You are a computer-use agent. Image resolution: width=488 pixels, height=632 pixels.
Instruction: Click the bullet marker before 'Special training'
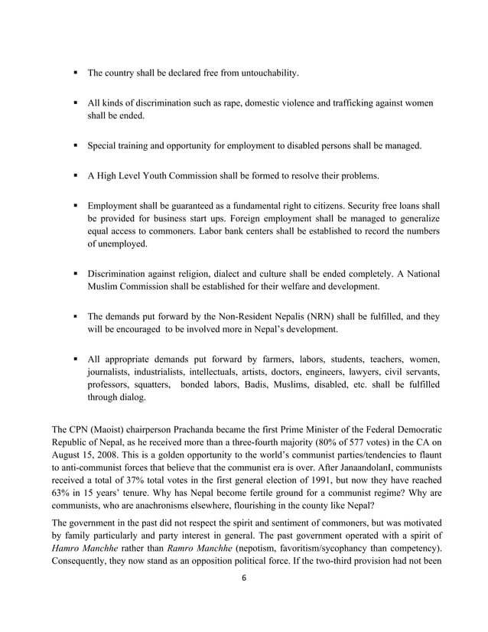76,144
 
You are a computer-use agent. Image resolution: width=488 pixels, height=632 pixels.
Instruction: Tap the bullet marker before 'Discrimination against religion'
76,274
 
